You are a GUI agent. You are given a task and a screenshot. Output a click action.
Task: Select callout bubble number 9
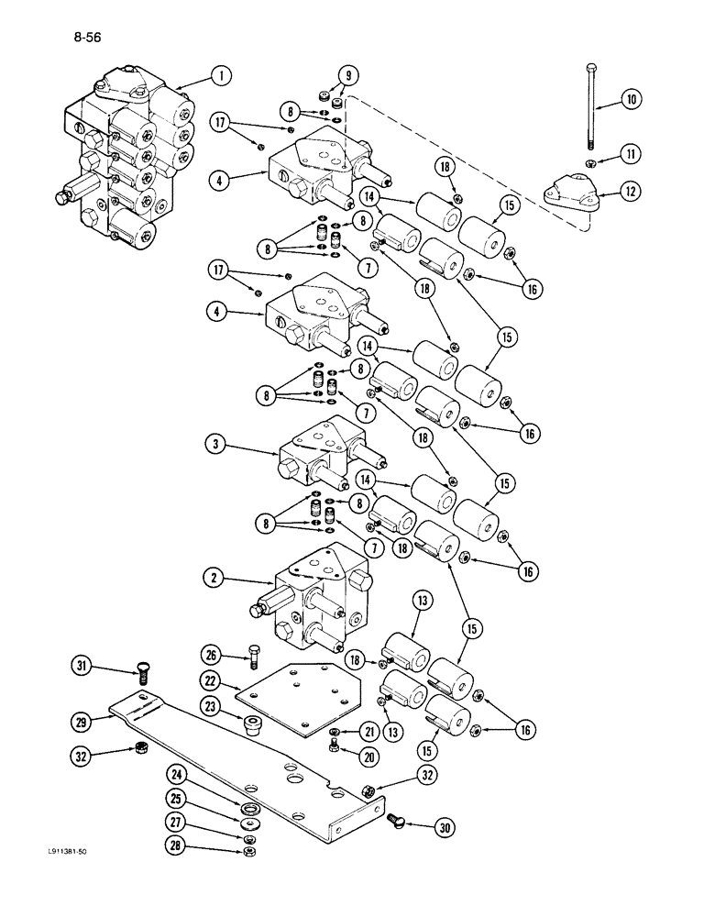tap(347, 75)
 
